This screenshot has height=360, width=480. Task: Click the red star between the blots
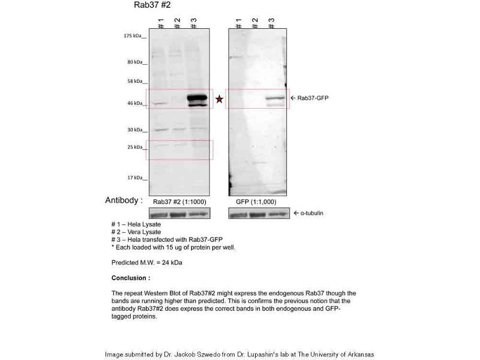(x=220, y=99)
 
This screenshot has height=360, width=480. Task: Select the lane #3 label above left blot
(x=193, y=23)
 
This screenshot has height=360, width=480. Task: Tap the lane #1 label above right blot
(x=239, y=23)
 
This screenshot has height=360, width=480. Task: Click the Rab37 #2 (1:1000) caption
(x=178, y=202)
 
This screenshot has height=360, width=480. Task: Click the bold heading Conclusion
(x=131, y=278)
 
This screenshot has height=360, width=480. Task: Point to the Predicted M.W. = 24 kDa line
(x=147, y=263)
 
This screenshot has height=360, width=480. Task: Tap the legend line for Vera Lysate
(x=137, y=232)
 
